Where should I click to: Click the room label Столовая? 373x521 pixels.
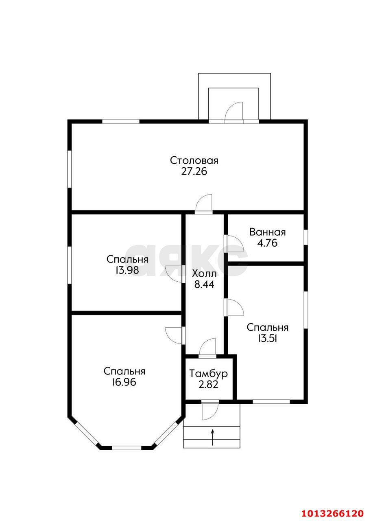tap(194, 161)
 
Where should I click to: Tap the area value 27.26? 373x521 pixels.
tap(194, 172)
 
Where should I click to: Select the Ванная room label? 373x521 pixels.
tap(268, 232)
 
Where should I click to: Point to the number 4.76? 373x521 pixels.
tap(268, 243)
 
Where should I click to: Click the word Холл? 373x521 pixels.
tap(204, 274)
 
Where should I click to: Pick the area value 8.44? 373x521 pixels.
tap(204, 285)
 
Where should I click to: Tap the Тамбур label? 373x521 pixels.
tap(208, 374)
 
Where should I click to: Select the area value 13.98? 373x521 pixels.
tap(127, 270)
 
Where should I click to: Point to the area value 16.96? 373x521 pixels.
tap(124, 382)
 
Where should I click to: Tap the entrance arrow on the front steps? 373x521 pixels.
tap(212, 438)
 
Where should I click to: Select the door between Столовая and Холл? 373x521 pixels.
tap(204, 205)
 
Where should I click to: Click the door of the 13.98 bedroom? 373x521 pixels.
tap(175, 274)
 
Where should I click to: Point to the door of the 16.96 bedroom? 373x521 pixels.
tap(175, 336)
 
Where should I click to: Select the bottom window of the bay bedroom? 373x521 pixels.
tap(127, 447)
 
